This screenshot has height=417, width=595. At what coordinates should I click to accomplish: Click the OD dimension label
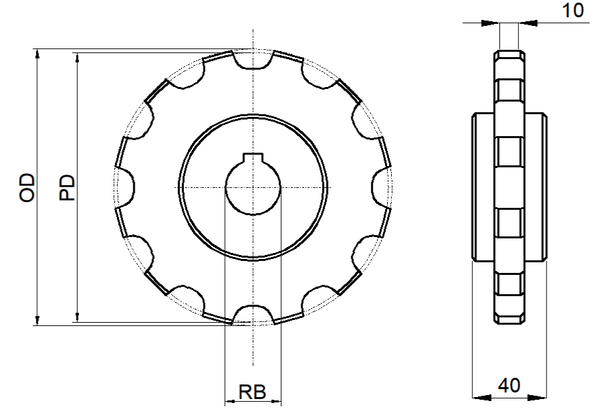(27, 187)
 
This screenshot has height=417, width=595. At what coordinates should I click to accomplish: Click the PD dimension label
(67, 187)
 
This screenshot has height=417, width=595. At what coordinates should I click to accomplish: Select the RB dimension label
(252, 392)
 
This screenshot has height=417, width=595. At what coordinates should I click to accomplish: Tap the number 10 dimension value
(572, 11)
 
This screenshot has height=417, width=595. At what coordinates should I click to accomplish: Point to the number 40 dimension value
(509, 386)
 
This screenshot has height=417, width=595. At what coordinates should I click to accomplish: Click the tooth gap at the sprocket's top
(253, 60)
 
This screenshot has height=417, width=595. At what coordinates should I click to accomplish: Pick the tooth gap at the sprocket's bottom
(253, 314)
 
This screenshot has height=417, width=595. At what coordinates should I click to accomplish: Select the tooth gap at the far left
(125, 187)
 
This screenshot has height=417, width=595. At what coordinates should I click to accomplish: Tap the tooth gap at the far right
(381, 187)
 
